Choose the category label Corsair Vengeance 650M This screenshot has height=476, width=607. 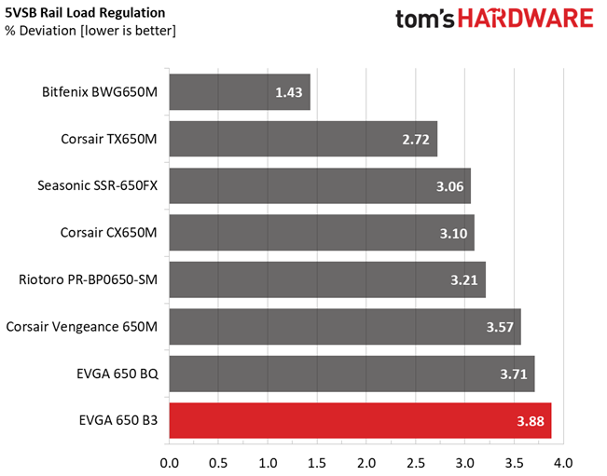click(x=82, y=326)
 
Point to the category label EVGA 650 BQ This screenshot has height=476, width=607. click(x=117, y=374)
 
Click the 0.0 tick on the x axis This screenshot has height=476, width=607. click(x=170, y=461)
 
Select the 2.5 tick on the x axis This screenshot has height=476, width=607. click(x=416, y=461)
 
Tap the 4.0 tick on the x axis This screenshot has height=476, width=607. click(x=562, y=461)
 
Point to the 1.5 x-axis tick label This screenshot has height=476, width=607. click(x=317, y=461)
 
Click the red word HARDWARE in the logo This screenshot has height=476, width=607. click(x=531, y=20)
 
